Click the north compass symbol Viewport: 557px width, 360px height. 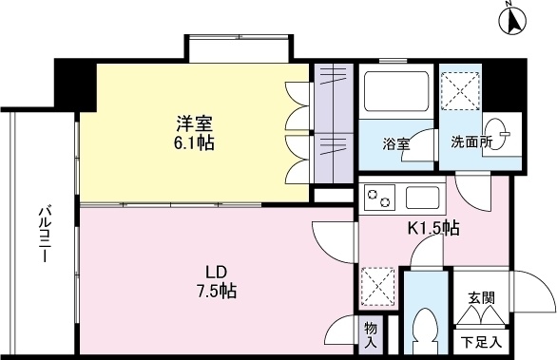[x=512, y=21]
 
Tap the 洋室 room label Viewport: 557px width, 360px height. [x=195, y=123]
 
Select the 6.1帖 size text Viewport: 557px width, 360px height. [x=193, y=142]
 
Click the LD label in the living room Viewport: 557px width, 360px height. [x=217, y=273]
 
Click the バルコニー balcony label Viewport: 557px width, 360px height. [x=44, y=234]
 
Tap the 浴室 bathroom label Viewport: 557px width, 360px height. [x=396, y=144]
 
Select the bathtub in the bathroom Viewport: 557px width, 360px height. [x=396, y=91]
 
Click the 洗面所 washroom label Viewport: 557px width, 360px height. [x=471, y=142]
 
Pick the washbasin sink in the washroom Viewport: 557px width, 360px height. [x=495, y=134]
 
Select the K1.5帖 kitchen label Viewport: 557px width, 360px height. [x=433, y=228]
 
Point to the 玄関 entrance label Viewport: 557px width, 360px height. [x=481, y=298]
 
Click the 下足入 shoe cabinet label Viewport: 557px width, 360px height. [x=482, y=342]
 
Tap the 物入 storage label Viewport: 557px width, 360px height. [x=370, y=335]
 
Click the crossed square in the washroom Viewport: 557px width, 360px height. [x=460, y=91]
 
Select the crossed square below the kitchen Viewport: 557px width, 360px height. [x=378, y=287]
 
